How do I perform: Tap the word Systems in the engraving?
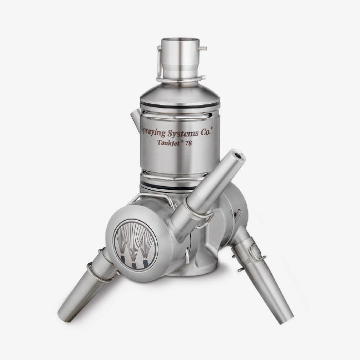tap(188, 133)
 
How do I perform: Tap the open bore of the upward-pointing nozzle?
tap(238, 154)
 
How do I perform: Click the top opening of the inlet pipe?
tap(180, 42)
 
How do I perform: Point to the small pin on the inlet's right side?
tap(203, 49)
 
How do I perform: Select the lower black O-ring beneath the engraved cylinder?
tap(177, 184)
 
